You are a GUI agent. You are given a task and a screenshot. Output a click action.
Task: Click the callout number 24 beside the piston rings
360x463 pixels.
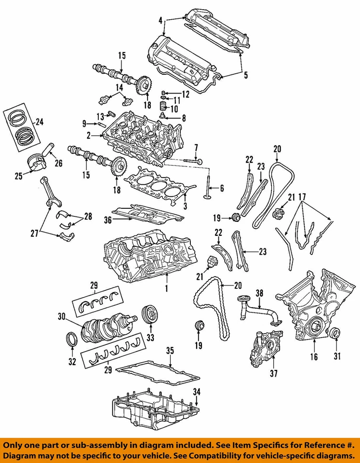pyautogui.click(x=39, y=122)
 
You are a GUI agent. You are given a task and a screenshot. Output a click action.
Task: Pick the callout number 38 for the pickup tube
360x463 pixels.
pyautogui.click(x=259, y=293)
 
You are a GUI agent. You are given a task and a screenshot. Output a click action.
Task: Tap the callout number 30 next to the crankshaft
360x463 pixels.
pyautogui.click(x=61, y=317)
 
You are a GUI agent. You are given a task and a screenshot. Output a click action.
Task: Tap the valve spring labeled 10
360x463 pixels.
pyautogui.click(x=163, y=107)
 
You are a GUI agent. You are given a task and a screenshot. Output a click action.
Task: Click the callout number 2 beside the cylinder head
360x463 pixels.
pyautogui.click(x=88, y=137)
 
